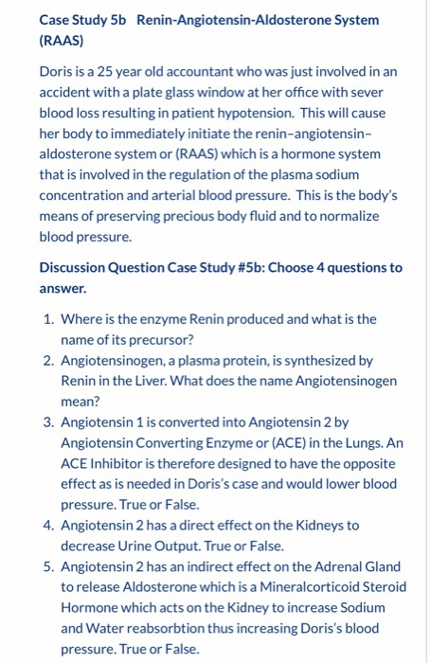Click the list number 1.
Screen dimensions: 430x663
46,319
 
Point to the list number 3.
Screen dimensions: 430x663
46,421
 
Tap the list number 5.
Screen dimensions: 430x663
46,566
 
